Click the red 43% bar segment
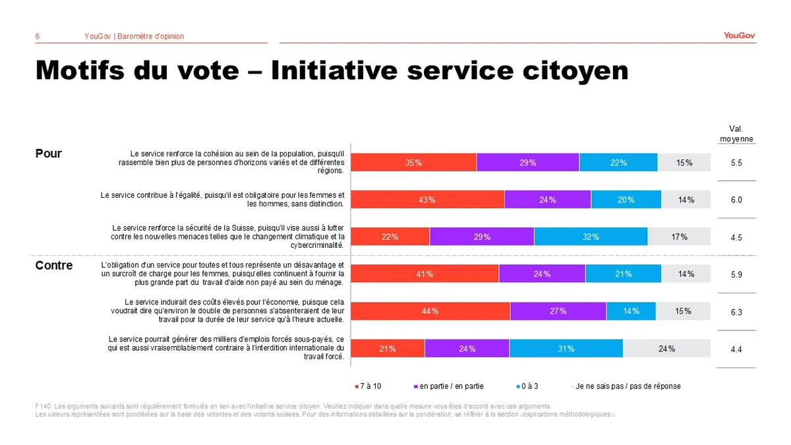(427, 200)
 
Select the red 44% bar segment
(430, 311)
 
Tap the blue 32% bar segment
(591, 237)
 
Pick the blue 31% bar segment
(566, 349)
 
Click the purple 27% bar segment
(558, 311)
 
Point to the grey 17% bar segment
(679, 237)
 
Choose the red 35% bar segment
(413, 162)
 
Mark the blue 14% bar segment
(631, 311)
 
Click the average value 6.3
(736, 312)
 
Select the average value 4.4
(736, 349)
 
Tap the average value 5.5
(736, 162)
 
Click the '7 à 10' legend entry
(370, 386)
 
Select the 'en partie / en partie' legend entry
(448, 386)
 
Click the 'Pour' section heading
(48, 154)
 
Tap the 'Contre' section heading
(54, 265)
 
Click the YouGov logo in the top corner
(739, 36)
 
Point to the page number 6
(38, 36)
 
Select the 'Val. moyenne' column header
(736, 134)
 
